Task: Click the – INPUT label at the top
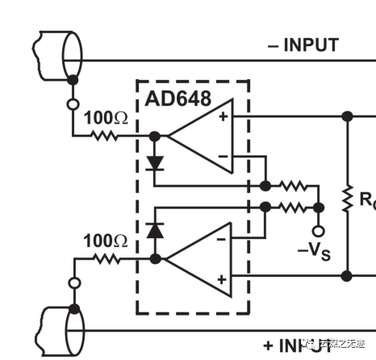(303, 44)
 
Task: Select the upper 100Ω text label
(106, 119)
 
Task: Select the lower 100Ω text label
(106, 241)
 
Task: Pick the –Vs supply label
(314, 249)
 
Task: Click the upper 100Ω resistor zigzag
(103, 136)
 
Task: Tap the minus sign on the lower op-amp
(220, 239)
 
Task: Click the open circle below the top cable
(73, 103)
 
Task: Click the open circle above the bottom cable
(73, 283)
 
